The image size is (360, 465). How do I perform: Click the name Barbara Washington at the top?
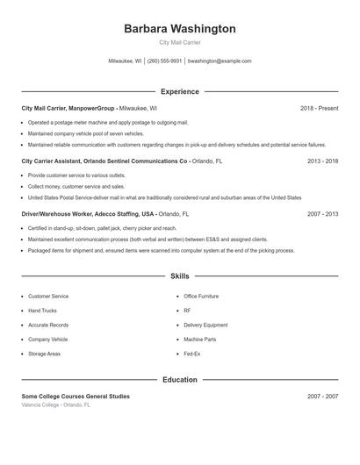179,29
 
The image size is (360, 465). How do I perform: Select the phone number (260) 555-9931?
164,61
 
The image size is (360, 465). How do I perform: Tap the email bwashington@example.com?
220,61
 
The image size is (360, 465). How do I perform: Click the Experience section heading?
179,91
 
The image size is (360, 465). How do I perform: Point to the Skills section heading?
179,276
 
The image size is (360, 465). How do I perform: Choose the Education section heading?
179,380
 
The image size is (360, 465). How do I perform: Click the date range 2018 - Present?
319,108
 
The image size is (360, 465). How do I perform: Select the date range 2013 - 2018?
321,161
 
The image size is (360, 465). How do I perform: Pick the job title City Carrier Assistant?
58,161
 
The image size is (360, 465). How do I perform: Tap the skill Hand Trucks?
42,311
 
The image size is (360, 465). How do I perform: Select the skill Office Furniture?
201,297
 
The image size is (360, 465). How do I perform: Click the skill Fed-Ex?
192,354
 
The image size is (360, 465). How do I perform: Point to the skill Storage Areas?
44,354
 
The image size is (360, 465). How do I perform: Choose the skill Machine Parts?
199,340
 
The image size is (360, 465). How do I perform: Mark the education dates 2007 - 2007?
321,397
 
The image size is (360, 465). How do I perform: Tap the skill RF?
187,311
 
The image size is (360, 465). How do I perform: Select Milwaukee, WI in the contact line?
125,61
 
